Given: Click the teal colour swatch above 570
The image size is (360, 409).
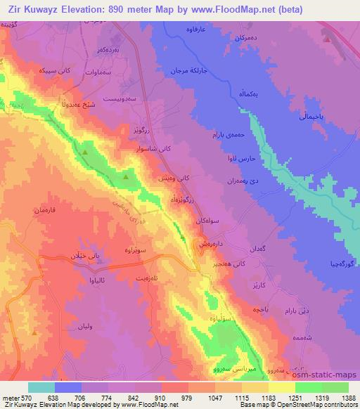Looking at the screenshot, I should point(41,387).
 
